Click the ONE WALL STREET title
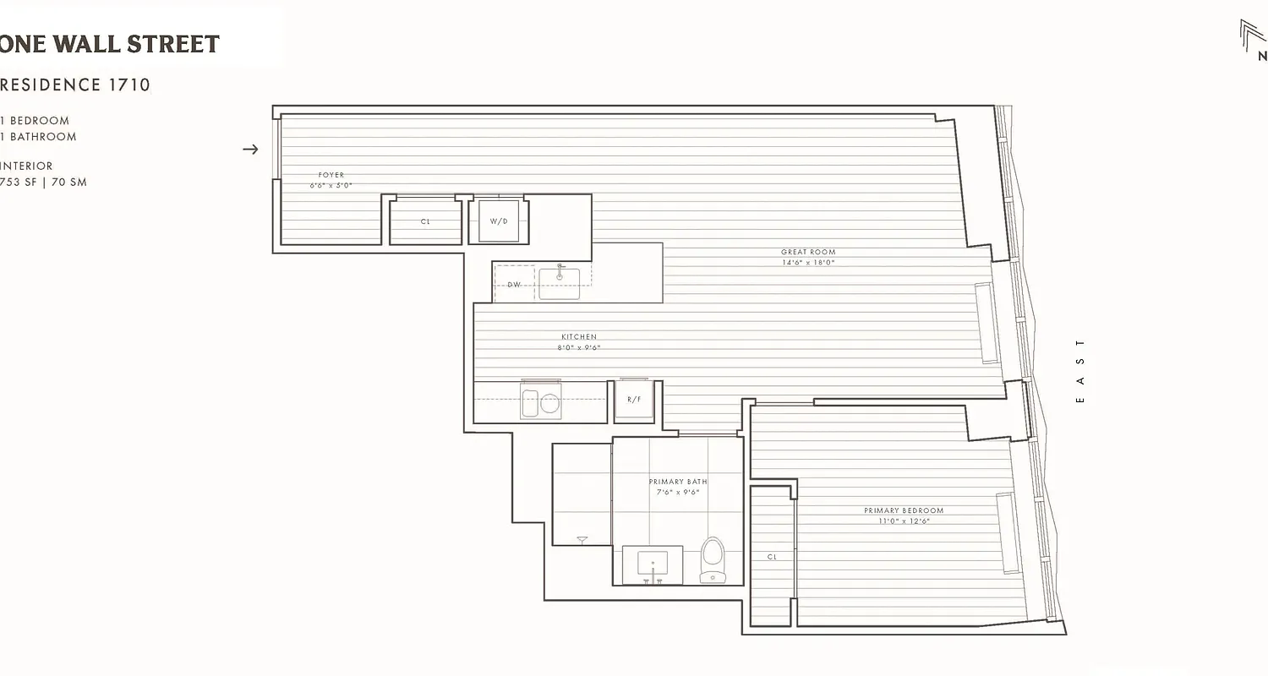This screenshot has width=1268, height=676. coord(110,44)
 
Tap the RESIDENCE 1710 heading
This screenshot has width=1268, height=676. coord(75,84)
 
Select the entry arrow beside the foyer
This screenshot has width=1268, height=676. coord(250,150)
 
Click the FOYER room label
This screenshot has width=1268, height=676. coord(331,175)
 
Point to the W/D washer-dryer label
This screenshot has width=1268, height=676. coord(499,221)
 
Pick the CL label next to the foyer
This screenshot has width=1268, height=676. coord(425,221)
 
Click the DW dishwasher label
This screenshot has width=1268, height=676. coord(514,285)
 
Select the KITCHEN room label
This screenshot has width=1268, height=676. coord(579,337)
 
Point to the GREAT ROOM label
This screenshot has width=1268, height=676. coord(808,252)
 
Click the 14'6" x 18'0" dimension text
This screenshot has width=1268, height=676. coord(808,263)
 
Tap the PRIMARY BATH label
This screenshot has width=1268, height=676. coord(678,482)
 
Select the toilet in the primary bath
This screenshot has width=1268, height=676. coord(713,559)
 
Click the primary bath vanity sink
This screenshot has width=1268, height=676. coord(652,563)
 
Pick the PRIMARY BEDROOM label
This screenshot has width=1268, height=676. coord(904,510)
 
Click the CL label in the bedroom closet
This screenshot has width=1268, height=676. coord(772,557)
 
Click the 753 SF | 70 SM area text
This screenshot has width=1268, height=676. coord(44,183)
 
